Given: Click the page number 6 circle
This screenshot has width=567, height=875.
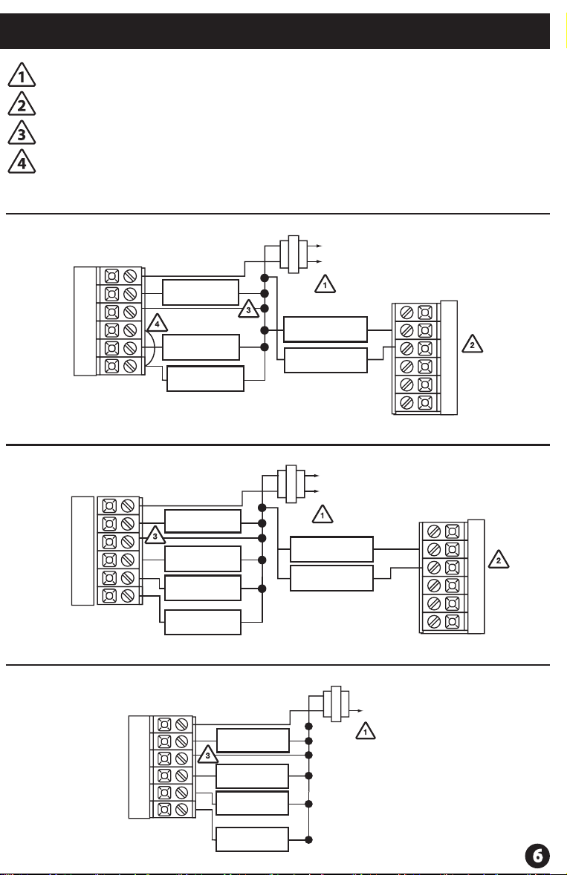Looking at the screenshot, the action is tap(537, 856).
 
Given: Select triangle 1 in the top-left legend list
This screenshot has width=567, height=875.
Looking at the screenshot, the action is tap(22, 76).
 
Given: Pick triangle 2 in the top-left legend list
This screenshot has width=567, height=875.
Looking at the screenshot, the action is tap(22, 105).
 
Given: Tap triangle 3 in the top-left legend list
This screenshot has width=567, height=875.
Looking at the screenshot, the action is tap(22, 134).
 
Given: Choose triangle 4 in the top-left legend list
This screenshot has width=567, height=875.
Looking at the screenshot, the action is tap(22, 163).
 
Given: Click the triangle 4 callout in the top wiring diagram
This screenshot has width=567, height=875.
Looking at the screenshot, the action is tap(157, 324).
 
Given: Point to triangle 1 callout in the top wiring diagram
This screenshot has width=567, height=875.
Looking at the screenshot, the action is tap(325, 284).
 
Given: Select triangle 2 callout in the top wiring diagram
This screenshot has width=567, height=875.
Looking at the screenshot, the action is tap(472, 344).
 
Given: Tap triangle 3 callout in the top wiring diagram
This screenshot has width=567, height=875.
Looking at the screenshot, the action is tap(249, 309).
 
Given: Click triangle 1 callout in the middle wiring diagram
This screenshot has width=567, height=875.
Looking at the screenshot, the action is tap(323, 515).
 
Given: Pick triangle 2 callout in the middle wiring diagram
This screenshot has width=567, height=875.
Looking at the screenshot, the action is tap(499, 560).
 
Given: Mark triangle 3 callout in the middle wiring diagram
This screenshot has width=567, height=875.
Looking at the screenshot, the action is tap(155, 535).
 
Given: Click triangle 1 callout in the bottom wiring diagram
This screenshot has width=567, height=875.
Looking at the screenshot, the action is tap(366, 731).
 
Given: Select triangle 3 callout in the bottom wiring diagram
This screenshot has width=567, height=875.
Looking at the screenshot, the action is tap(208, 756).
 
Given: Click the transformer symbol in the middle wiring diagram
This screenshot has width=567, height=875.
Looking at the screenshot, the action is tap(291, 483).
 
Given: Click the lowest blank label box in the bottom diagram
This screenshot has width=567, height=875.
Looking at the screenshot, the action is tap(253, 839).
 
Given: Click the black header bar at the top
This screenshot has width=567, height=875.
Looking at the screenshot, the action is tap(275, 31).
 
